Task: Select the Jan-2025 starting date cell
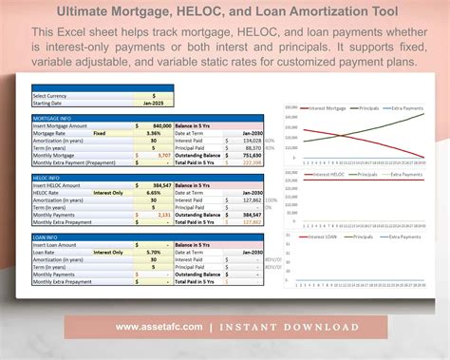point(155,102)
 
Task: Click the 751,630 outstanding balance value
point(253,154)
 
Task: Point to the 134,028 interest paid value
point(253,140)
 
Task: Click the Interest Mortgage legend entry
point(322,108)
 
